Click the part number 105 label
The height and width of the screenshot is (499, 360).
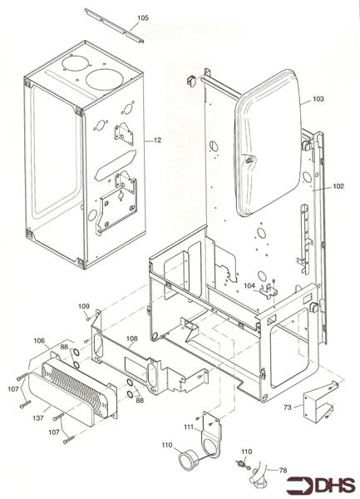(x=143, y=17)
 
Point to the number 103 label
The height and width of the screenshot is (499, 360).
(x=318, y=99)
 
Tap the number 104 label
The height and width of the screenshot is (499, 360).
(x=249, y=285)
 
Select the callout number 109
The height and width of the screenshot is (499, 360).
(x=84, y=307)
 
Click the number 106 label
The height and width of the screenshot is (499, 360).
(x=39, y=340)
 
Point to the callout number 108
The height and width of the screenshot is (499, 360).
(x=131, y=338)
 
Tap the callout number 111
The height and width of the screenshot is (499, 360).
(x=189, y=426)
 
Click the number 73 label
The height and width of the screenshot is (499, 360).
(x=287, y=408)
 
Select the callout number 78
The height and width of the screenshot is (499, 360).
(x=283, y=471)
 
